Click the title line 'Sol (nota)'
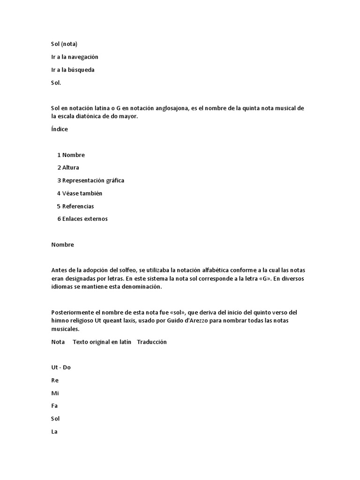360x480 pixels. click(64, 44)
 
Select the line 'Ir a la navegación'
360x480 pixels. click(75, 57)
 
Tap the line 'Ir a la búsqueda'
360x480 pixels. click(73, 70)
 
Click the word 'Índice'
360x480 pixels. click(60, 129)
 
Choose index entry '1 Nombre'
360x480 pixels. click(71, 155)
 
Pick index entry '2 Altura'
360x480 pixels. click(68, 167)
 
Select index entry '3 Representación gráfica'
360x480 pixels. click(90, 180)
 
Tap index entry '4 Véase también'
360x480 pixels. click(80, 193)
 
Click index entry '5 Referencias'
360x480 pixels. click(75, 206)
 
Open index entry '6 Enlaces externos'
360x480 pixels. click(82, 219)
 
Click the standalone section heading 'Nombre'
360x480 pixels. click(63, 245)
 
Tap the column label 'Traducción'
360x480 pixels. click(152, 342)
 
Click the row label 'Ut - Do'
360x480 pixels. click(61, 367)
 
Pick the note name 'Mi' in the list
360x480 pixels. click(55, 393)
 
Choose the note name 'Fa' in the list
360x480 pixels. click(54, 406)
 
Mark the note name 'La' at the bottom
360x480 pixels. click(54, 431)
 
